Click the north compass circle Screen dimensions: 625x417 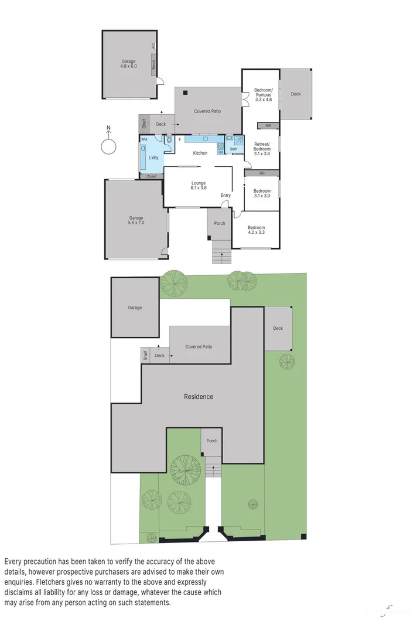pos(107,146)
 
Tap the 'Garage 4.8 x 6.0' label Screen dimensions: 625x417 pos(129,64)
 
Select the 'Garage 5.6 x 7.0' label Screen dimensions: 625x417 pos(136,220)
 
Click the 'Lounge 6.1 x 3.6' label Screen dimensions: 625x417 pos(199,186)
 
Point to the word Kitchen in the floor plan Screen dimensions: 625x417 pos(200,153)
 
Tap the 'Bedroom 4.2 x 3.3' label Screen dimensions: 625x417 pos(256,230)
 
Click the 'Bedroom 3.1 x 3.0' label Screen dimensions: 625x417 pos(262,193)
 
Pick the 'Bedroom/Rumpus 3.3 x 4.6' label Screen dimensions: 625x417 pos(263,95)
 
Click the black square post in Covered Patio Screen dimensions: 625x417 pos(184,92)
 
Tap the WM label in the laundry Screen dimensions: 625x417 pos(144,139)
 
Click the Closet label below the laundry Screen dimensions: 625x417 pos(152,176)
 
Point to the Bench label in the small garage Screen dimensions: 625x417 pos(153,66)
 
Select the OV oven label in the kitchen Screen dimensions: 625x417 pos(221,152)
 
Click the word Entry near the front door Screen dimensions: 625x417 pos(225,195)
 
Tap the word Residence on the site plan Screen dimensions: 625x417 pos(199,397)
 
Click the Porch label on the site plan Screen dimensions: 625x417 pos(211,440)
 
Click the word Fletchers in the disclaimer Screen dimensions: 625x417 pos(109,582)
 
